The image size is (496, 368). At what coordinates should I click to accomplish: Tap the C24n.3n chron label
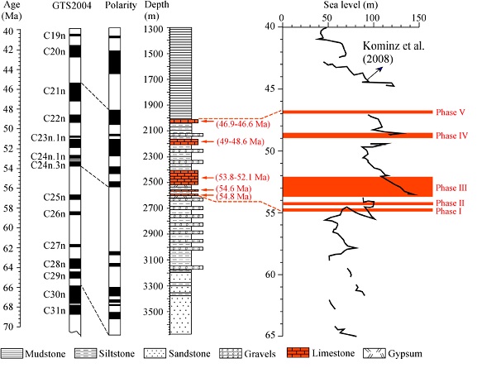point(46,165)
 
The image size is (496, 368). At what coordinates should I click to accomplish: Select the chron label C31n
point(52,310)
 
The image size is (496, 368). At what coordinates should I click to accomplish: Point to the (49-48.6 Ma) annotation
point(224,142)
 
